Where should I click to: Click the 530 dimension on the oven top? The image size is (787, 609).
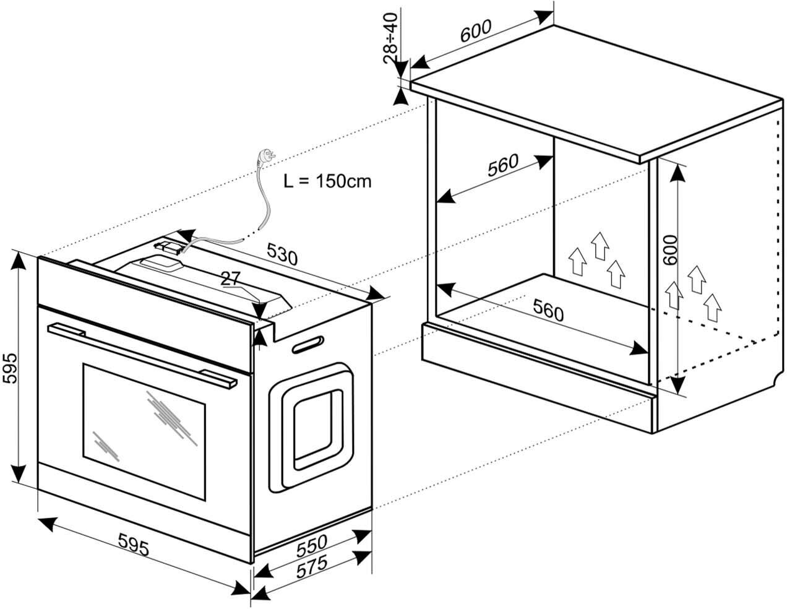pyautogui.click(x=282, y=254)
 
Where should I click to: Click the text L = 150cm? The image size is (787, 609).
pyautogui.click(x=327, y=181)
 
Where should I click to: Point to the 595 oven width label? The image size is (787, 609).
pyautogui.click(x=134, y=545)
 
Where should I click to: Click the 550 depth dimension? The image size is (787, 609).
pyautogui.click(x=311, y=546)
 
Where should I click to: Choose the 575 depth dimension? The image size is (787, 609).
pyautogui.click(x=311, y=568)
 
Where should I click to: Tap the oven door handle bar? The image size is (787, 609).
pyautogui.click(x=142, y=355)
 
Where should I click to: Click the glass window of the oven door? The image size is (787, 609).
pyautogui.click(x=144, y=430)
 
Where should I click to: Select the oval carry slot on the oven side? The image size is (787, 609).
pyautogui.click(x=307, y=344)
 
